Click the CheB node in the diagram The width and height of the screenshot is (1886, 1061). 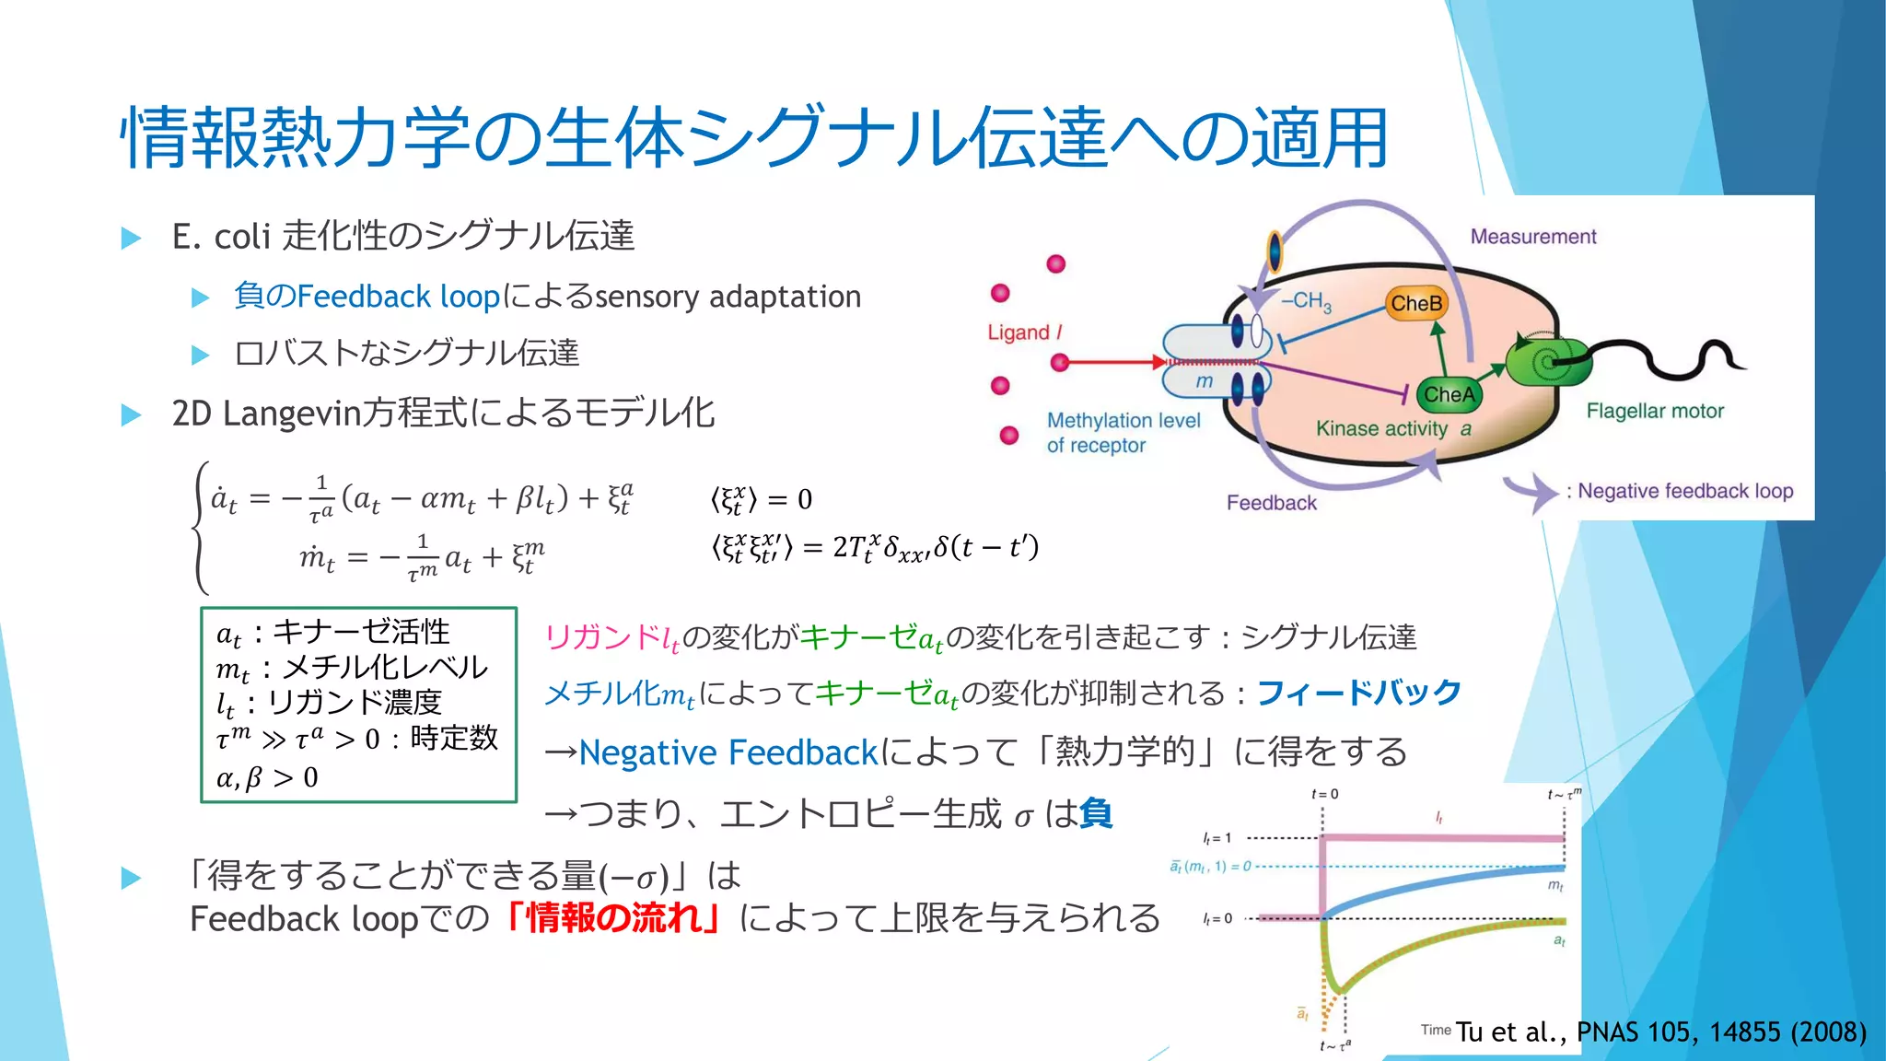coord(1416,303)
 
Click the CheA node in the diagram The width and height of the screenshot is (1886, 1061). coord(1449,394)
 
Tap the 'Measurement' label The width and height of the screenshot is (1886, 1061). coord(1533,237)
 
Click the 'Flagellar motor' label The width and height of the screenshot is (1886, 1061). coord(1655,411)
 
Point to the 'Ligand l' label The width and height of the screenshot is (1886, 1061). coord(1024,332)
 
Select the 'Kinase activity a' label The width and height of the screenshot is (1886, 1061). coord(1392,428)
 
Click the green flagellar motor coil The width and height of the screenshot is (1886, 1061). coord(1550,362)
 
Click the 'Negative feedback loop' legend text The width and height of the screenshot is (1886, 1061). coord(1685,491)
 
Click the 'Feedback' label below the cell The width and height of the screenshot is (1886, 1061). coord(1271,503)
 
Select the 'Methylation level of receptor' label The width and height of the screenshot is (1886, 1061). coord(1123,433)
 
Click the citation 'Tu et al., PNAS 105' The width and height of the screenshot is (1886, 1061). coord(1661,1032)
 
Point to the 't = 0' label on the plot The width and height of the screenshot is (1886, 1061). coord(1324,794)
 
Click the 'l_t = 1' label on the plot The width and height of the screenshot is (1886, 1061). coord(1217,838)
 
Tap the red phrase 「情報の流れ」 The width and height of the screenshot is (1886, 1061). coord(614,918)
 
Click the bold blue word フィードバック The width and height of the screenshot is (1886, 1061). coord(1359,692)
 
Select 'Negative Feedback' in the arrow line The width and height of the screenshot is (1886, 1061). coord(728,752)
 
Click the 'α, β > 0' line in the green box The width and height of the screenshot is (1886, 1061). coord(267,777)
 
